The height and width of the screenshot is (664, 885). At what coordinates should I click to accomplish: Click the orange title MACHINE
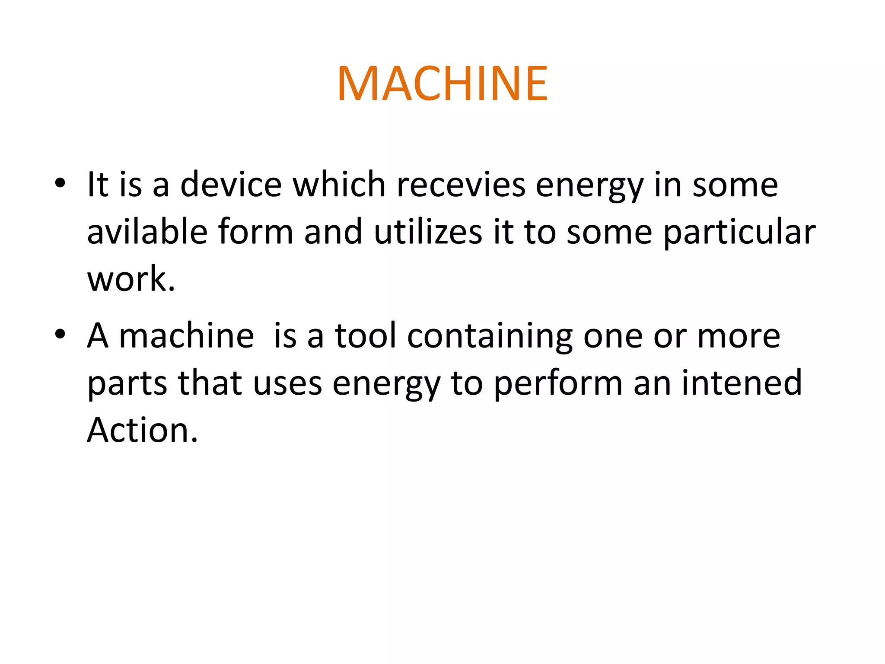pyautogui.click(x=442, y=83)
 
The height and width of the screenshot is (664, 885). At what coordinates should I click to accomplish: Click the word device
pyautogui.click(x=231, y=185)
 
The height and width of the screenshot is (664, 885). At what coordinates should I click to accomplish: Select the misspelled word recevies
pyautogui.click(x=461, y=185)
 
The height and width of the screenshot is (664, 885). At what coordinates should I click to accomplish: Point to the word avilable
pyautogui.click(x=147, y=232)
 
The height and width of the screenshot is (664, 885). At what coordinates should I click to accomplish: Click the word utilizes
pyautogui.click(x=428, y=232)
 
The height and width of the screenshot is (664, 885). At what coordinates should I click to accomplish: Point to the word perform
pyautogui.click(x=558, y=384)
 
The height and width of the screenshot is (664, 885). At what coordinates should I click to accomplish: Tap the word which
pyautogui.click(x=339, y=185)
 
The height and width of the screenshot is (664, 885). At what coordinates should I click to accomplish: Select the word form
pyautogui.click(x=255, y=232)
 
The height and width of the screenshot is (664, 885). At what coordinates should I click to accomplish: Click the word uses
pyautogui.click(x=287, y=384)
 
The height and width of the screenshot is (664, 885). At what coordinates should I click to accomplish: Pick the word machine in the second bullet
pyautogui.click(x=186, y=336)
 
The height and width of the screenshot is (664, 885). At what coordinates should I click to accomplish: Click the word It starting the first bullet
pyautogui.click(x=97, y=185)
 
